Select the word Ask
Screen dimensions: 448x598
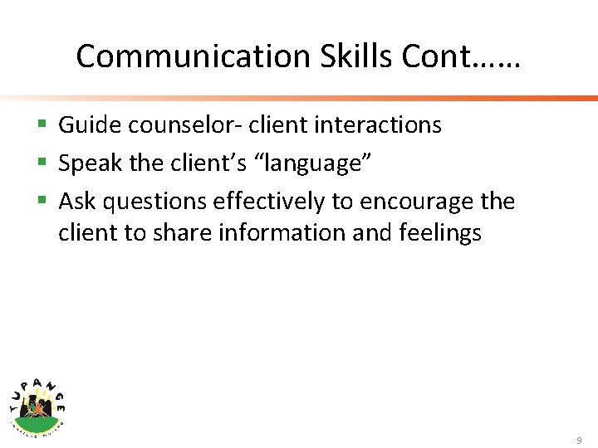(77, 202)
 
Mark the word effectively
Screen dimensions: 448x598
(269, 202)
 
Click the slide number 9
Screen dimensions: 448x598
(579, 440)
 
